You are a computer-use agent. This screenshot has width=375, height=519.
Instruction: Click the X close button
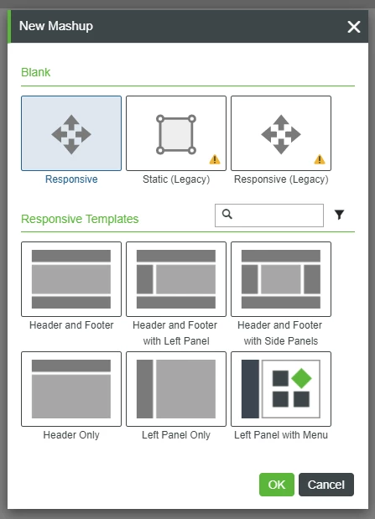[354, 27]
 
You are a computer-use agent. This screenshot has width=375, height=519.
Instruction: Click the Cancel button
[326, 485]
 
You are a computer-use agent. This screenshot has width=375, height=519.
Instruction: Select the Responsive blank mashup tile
[71, 133]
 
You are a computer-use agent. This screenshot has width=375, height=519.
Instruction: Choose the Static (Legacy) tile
[176, 133]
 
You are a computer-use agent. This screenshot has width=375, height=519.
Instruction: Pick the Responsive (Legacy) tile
[281, 133]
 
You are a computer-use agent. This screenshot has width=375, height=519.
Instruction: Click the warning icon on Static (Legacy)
[215, 159]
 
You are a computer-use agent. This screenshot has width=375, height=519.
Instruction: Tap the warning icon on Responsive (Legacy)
[320, 159]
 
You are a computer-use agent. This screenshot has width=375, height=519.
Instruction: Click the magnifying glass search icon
[227, 215]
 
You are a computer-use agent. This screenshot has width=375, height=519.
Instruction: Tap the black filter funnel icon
[339, 215]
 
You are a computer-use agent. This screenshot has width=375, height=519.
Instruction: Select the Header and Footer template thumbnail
[71, 279]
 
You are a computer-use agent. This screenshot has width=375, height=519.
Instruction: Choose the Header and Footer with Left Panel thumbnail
[176, 279]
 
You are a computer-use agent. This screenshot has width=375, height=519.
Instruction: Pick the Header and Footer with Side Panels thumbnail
[281, 279]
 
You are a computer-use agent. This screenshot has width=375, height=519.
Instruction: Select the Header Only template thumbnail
[71, 389]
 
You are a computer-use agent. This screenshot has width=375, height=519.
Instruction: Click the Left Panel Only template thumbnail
[176, 389]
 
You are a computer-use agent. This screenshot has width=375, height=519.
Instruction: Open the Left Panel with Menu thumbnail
[281, 389]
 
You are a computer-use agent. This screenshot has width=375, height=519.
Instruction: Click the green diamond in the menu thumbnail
[302, 377]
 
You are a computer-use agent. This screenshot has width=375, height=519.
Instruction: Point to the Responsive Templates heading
[80, 220]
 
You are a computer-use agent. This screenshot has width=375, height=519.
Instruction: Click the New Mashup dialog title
[56, 26]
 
